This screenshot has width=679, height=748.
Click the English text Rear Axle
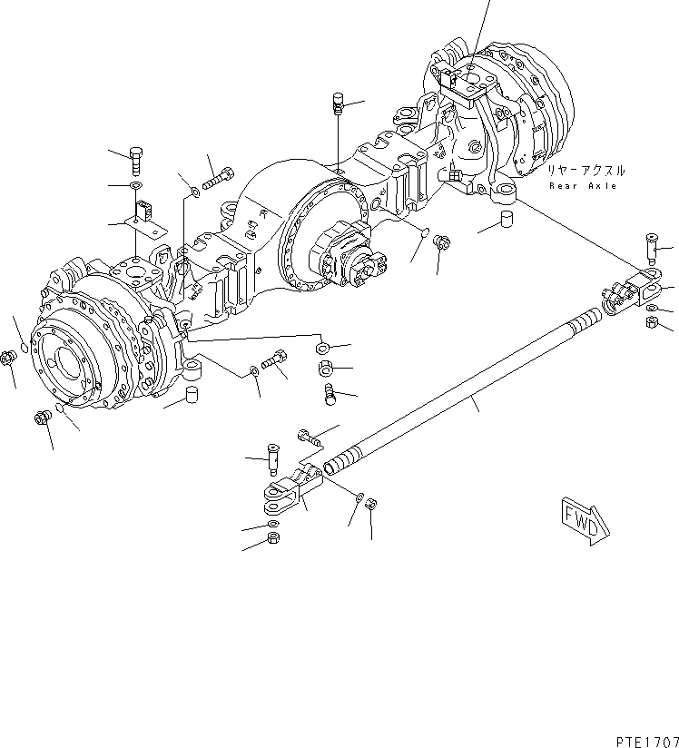(583, 186)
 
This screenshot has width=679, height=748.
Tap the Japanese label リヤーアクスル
(585, 171)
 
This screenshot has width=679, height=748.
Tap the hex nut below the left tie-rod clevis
(273, 541)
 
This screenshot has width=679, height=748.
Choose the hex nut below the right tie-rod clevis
(651, 324)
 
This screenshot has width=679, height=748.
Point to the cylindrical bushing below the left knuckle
(192, 395)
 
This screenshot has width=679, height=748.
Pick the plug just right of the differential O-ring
(443, 243)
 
